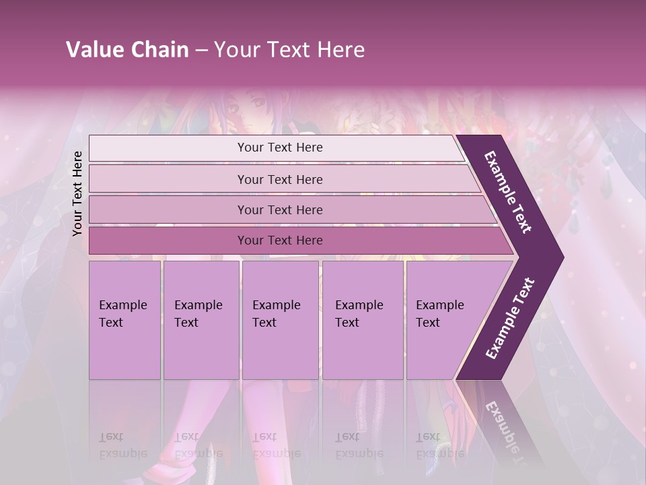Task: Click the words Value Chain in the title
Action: pyautogui.click(x=127, y=50)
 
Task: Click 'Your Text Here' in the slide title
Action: pyautogui.click(x=289, y=50)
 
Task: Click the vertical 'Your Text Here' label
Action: pyautogui.click(x=78, y=193)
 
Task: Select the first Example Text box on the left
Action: pyautogui.click(x=124, y=320)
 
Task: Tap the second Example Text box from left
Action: pyautogui.click(x=201, y=320)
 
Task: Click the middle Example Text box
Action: pyautogui.click(x=280, y=320)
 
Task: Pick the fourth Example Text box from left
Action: pyautogui.click(x=363, y=320)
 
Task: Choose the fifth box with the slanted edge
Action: pyautogui.click(x=444, y=320)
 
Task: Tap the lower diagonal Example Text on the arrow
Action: pyautogui.click(x=510, y=319)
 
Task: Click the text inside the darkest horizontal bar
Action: pyautogui.click(x=280, y=240)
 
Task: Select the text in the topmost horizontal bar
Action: pyautogui.click(x=280, y=148)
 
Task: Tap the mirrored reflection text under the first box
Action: pyautogui.click(x=122, y=445)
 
